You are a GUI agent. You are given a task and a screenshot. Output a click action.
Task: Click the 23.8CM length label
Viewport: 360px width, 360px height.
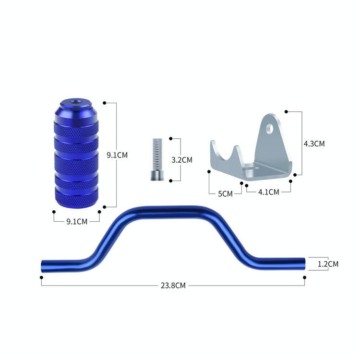[x=173, y=286]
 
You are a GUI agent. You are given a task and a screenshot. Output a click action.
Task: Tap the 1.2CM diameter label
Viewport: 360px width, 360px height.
[x=328, y=264]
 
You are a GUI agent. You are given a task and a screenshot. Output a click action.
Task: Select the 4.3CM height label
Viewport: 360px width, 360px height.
[x=314, y=144]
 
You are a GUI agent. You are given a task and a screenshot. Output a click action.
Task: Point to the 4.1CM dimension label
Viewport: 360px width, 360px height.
[x=269, y=192]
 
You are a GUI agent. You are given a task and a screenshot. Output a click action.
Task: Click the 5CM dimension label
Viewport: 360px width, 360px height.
[x=225, y=194]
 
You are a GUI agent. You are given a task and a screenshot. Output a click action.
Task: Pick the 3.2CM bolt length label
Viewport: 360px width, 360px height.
[x=182, y=160]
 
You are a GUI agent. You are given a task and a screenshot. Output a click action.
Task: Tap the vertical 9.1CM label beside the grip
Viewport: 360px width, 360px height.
[x=117, y=155]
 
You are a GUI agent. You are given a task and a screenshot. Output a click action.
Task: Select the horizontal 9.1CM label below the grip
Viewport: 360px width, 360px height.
[x=77, y=222]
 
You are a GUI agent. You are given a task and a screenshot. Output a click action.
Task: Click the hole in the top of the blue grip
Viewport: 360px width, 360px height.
[x=74, y=102]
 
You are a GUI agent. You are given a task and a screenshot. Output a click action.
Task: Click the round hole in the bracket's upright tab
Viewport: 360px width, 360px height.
[x=270, y=129]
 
